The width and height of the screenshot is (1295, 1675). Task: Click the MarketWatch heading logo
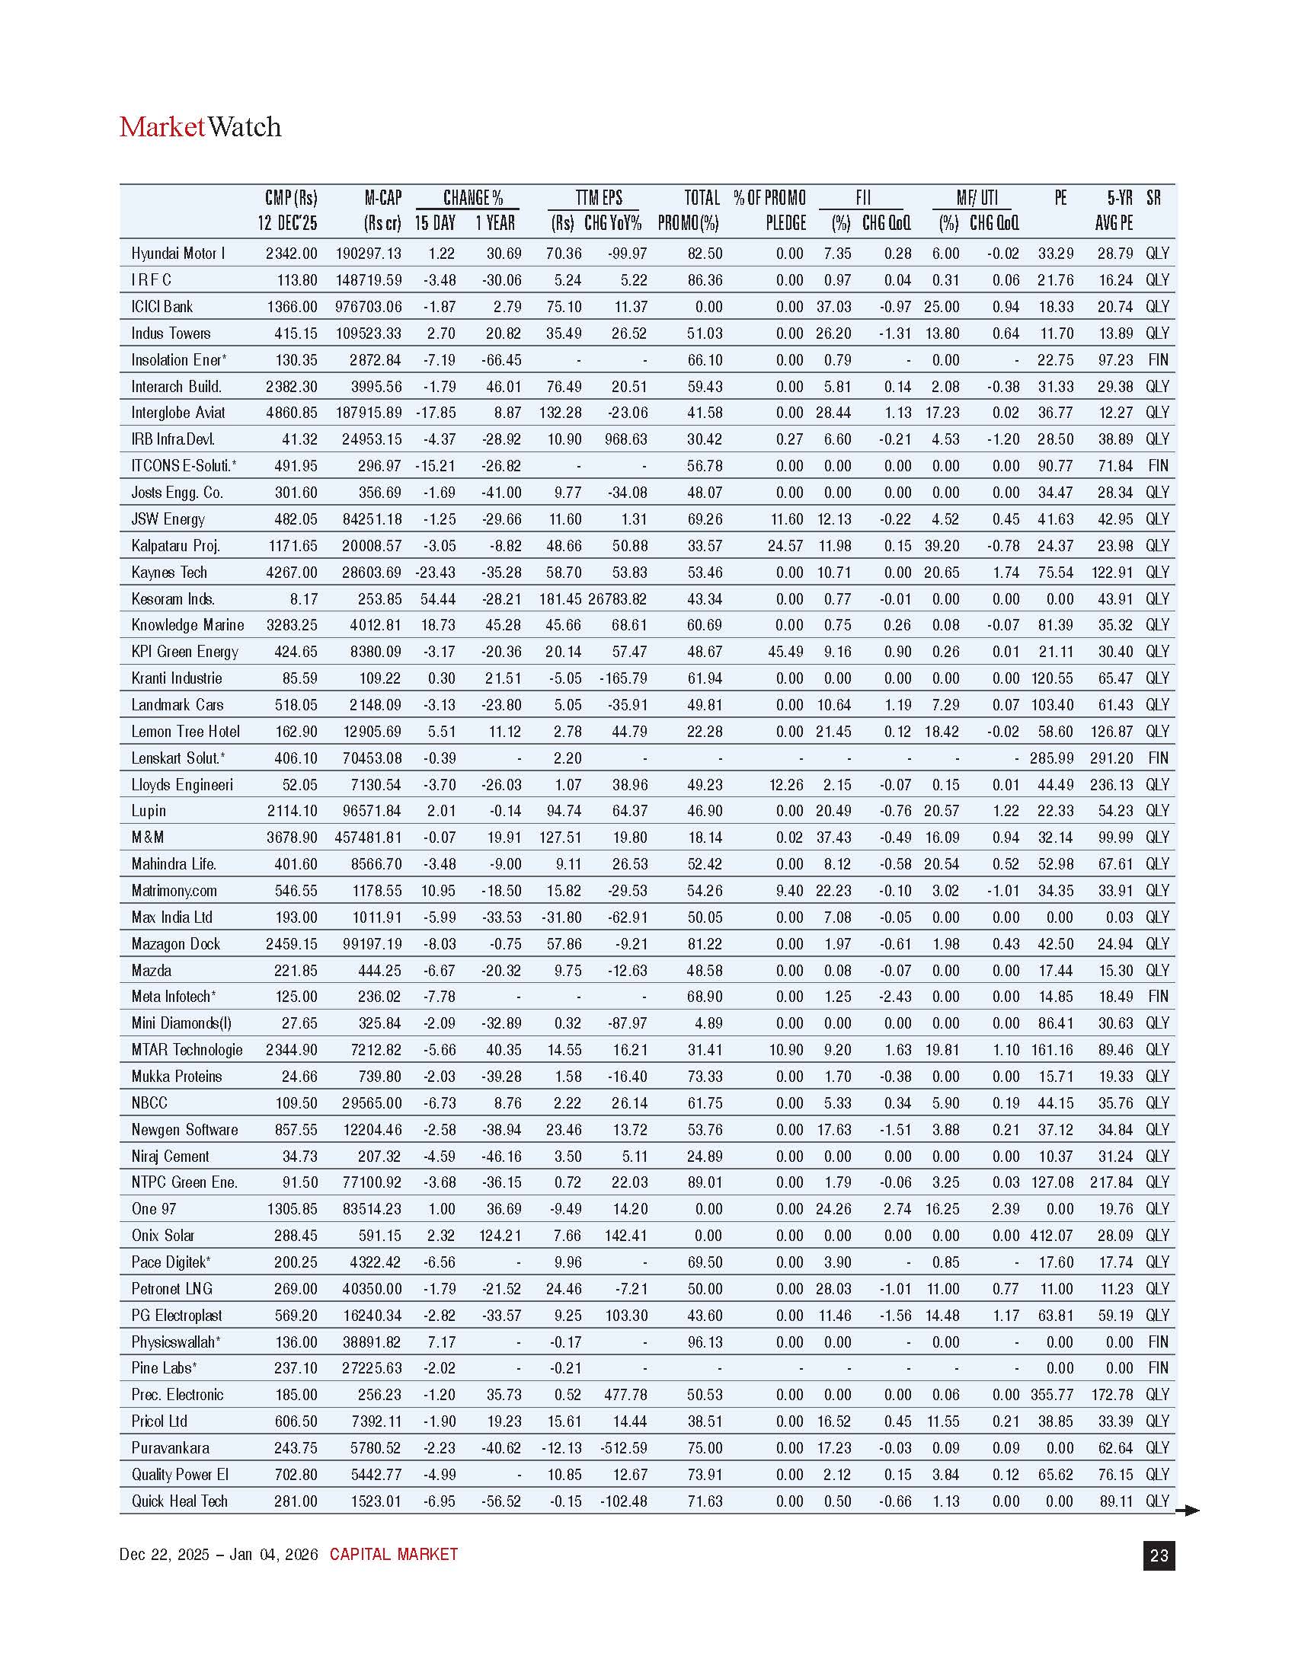click(x=200, y=126)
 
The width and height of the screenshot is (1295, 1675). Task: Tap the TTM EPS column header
click(x=599, y=198)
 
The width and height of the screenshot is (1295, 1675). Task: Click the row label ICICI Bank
click(x=161, y=307)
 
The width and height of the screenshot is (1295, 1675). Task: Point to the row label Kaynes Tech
click(x=169, y=572)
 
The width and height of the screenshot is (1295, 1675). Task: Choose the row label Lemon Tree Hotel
click(x=185, y=732)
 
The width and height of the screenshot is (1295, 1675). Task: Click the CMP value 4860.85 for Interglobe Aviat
click(x=292, y=413)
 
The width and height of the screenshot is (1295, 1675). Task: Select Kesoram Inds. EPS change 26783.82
click(x=618, y=599)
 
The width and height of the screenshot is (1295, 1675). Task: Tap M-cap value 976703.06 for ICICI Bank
click(x=368, y=307)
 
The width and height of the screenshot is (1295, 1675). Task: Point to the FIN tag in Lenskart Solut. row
click(x=1158, y=758)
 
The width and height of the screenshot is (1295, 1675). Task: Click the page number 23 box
click(x=1159, y=1555)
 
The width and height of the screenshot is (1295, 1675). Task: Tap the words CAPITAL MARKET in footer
click(x=394, y=1555)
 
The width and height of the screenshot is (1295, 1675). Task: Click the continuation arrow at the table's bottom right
click(x=1188, y=1511)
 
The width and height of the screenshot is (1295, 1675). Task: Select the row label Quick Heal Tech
click(x=180, y=1501)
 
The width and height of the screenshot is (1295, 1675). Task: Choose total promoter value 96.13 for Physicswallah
click(x=705, y=1342)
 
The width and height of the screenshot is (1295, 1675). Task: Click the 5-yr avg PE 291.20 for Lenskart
click(x=1111, y=758)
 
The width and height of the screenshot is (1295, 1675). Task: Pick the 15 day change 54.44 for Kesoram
click(x=438, y=599)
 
